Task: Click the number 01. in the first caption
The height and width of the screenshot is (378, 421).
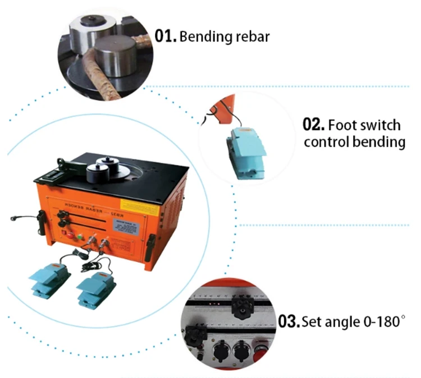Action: [166, 37]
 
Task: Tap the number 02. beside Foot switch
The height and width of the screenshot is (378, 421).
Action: [313, 125]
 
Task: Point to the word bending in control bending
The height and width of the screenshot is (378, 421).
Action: [378, 142]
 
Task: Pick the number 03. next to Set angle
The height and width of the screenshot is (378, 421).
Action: [289, 322]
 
